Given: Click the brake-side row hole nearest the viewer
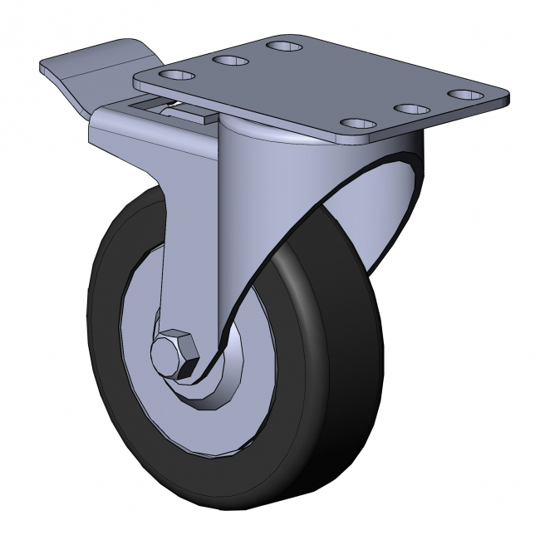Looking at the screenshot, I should point(176,76).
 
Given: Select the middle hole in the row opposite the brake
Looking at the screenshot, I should point(411,109).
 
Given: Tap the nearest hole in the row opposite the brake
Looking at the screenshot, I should point(358,125).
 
